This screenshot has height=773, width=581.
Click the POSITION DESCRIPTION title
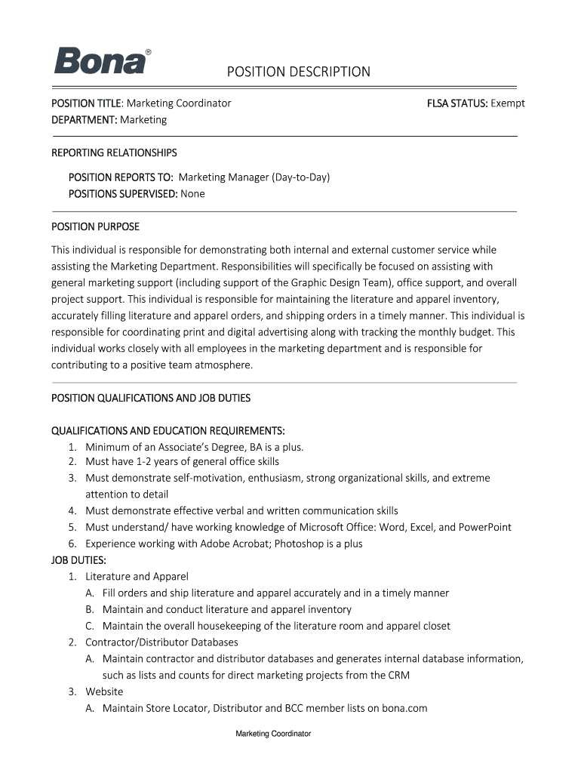[300, 72]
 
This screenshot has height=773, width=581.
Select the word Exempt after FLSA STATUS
[508, 103]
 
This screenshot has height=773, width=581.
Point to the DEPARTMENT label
[84, 119]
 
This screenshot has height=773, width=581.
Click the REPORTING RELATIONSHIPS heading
[114, 152]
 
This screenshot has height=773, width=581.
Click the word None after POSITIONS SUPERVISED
[192, 193]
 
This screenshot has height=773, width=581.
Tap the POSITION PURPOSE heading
[95, 226]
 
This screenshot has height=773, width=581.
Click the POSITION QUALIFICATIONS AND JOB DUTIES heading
[150, 398]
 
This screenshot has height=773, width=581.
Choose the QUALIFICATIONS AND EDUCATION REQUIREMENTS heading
[168, 430]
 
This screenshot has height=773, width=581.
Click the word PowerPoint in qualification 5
[484, 527]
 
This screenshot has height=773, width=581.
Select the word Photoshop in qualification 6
[301, 544]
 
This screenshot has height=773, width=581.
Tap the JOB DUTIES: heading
[78, 560]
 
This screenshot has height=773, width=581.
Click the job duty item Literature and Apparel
[137, 577]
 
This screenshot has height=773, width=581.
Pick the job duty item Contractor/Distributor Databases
[161, 642]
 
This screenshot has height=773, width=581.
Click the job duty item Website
[104, 691]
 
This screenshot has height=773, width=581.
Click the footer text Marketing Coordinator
[273, 734]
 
